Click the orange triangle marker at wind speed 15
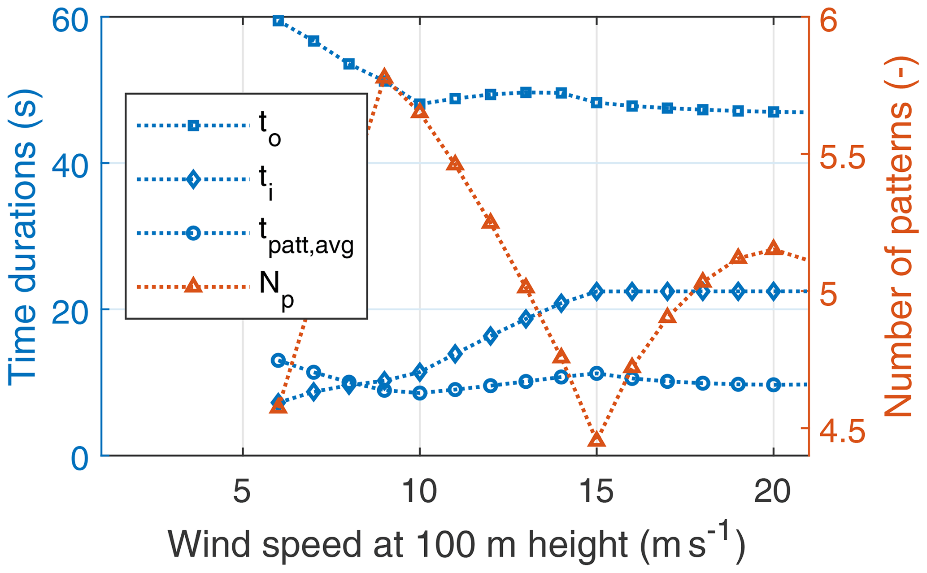pyautogui.click(x=596, y=440)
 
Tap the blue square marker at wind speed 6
pyautogui.click(x=278, y=21)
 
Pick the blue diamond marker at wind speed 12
pyautogui.click(x=491, y=336)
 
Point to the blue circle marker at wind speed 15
pyautogui.click(x=596, y=373)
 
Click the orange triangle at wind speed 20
pyautogui.click(x=773, y=247)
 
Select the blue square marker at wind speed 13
pyautogui.click(x=526, y=93)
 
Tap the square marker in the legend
pyautogui.click(x=193, y=126)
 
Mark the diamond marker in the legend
pyautogui.click(x=193, y=179)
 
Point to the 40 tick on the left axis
pyautogui.click(x=69, y=163)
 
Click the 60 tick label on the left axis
pyautogui.click(x=69, y=21)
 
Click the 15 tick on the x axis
pyautogui.click(x=596, y=491)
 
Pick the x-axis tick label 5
pyautogui.click(x=242, y=491)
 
